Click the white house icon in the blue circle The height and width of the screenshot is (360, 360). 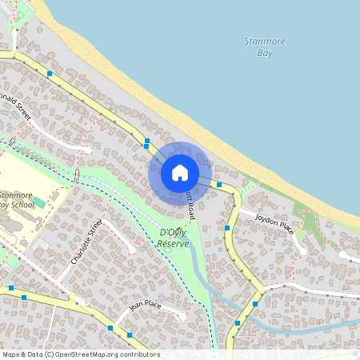(180, 172)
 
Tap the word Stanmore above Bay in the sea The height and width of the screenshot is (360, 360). (265, 42)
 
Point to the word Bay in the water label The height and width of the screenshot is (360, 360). (265, 54)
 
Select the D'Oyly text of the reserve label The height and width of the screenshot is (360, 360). (173, 232)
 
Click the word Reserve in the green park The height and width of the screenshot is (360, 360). (174, 242)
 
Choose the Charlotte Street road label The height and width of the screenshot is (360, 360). (86, 243)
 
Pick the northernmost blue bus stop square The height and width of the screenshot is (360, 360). (50, 74)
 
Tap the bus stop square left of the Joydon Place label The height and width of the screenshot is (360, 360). (228, 228)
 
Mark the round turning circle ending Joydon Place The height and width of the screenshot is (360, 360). (303, 251)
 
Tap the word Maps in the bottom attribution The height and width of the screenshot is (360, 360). (12, 354)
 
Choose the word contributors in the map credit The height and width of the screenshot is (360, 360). (138, 354)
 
